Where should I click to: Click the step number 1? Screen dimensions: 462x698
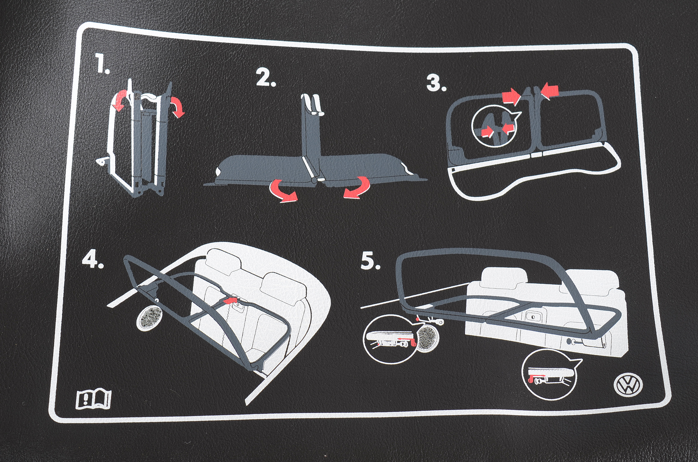(101, 64)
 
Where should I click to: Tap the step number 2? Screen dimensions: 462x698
(265, 78)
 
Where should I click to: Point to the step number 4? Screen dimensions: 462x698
(92, 260)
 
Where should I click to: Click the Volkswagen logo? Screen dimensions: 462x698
(628, 385)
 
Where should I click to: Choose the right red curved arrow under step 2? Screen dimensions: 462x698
(358, 188)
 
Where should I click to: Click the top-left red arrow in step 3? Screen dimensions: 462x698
(511, 96)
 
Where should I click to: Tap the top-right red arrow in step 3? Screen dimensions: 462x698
(550, 90)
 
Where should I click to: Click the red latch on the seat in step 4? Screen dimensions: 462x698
(231, 301)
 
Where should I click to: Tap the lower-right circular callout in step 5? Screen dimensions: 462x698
(548, 377)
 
